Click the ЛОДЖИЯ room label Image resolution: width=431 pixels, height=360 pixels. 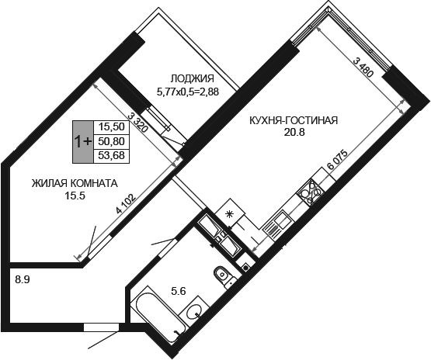(x=192, y=79)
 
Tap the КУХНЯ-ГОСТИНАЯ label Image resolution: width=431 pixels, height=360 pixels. (x=294, y=120)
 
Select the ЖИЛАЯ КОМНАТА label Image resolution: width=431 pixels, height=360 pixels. (x=75, y=183)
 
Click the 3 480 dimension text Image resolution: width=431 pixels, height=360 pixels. (x=363, y=68)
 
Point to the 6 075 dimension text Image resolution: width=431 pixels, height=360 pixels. (x=338, y=160)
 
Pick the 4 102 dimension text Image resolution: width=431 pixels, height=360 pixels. (x=126, y=204)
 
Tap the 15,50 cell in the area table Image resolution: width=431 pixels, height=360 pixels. (x=112, y=127)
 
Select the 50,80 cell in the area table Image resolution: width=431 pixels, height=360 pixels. (x=112, y=141)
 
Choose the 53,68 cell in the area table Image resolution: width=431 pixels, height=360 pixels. (x=112, y=156)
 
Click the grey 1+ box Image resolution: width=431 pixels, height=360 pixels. (x=83, y=142)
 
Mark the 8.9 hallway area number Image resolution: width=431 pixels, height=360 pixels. (x=23, y=280)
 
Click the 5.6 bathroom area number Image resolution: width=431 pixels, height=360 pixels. (x=179, y=291)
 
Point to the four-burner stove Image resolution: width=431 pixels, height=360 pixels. (x=311, y=192)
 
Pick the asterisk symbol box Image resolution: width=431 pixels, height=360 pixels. (x=230, y=213)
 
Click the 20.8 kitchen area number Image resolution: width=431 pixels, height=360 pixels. (x=294, y=133)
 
